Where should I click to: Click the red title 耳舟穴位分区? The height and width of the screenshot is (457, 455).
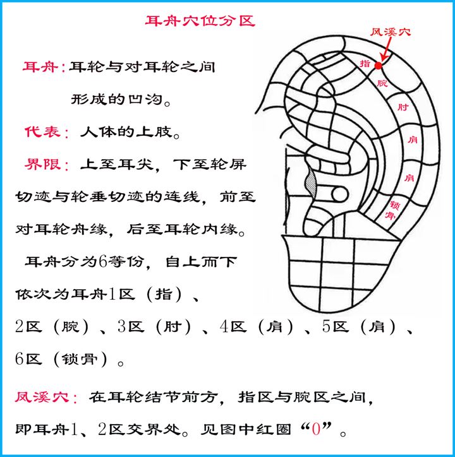[200, 21]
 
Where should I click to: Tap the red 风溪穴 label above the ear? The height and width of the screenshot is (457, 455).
[391, 32]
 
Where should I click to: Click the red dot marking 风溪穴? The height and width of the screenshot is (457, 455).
[379, 66]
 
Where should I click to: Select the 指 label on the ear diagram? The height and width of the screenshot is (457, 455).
[365, 63]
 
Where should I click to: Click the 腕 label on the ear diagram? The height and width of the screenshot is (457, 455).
[382, 83]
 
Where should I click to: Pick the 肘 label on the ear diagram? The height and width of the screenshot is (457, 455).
[403, 107]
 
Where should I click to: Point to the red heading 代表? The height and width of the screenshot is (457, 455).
[47, 132]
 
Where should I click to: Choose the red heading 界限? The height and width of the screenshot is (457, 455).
[47, 165]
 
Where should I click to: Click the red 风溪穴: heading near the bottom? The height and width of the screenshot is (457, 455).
[46, 397]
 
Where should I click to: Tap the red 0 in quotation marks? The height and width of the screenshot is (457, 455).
[316, 429]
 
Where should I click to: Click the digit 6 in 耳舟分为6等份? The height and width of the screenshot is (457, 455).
[103, 261]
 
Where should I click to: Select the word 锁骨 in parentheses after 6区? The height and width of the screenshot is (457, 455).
[80, 359]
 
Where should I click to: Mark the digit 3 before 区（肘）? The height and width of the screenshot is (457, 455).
[122, 326]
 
